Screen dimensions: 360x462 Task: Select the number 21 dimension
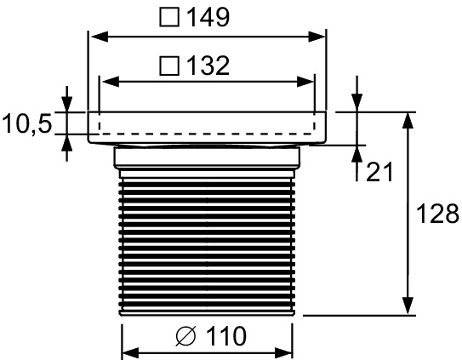379,173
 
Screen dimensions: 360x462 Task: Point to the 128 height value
437,212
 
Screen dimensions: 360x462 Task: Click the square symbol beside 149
168,17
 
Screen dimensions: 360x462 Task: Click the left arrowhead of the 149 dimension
97,37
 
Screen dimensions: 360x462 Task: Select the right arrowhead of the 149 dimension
320,37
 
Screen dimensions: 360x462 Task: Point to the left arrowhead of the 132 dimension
106,82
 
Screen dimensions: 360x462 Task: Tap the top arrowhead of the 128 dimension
408,120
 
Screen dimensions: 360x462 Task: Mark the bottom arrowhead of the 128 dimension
408,307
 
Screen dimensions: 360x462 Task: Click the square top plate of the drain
208,125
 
